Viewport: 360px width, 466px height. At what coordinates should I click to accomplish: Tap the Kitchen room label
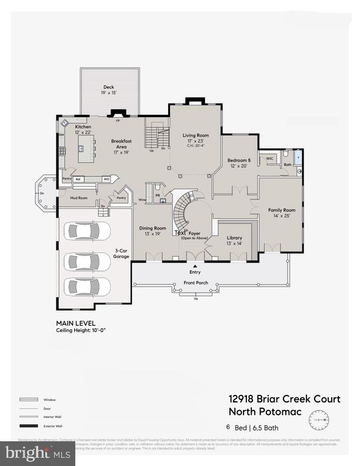[x=83, y=127]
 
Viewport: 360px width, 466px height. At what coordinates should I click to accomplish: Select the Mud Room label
[x=79, y=198]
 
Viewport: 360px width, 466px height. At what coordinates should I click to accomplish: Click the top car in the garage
[x=85, y=231]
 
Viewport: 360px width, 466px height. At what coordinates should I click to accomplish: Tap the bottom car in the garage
[x=85, y=287]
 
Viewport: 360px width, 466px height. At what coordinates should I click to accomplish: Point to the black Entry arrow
[x=195, y=267]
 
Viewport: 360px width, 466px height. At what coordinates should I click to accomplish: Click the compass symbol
[x=320, y=419]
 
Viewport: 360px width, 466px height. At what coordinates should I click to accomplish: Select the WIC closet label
[x=269, y=158]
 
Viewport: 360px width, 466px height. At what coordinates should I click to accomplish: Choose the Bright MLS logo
[x=38, y=453]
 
